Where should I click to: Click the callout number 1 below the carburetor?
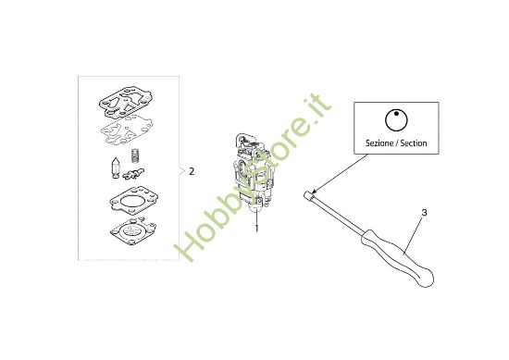click(256, 226)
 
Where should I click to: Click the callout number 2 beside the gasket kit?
click(192, 171)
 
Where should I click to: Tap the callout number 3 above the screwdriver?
click(424, 214)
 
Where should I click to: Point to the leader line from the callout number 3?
click(414, 230)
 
